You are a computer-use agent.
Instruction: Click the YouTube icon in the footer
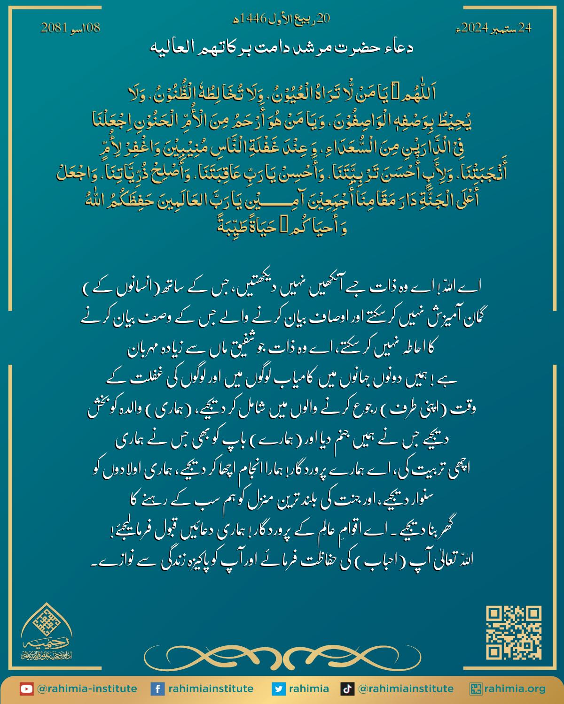coord(26,689)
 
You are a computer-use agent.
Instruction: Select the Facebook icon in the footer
coord(157,689)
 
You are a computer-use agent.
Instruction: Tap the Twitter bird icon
coord(279,689)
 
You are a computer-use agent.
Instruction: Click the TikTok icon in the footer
coord(347,689)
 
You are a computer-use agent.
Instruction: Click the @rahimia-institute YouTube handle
coord(86,689)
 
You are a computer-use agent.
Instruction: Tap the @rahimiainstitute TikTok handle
coord(406,689)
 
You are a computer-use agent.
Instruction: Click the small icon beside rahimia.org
coord(477,689)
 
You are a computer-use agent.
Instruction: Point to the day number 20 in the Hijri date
coord(323,19)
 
